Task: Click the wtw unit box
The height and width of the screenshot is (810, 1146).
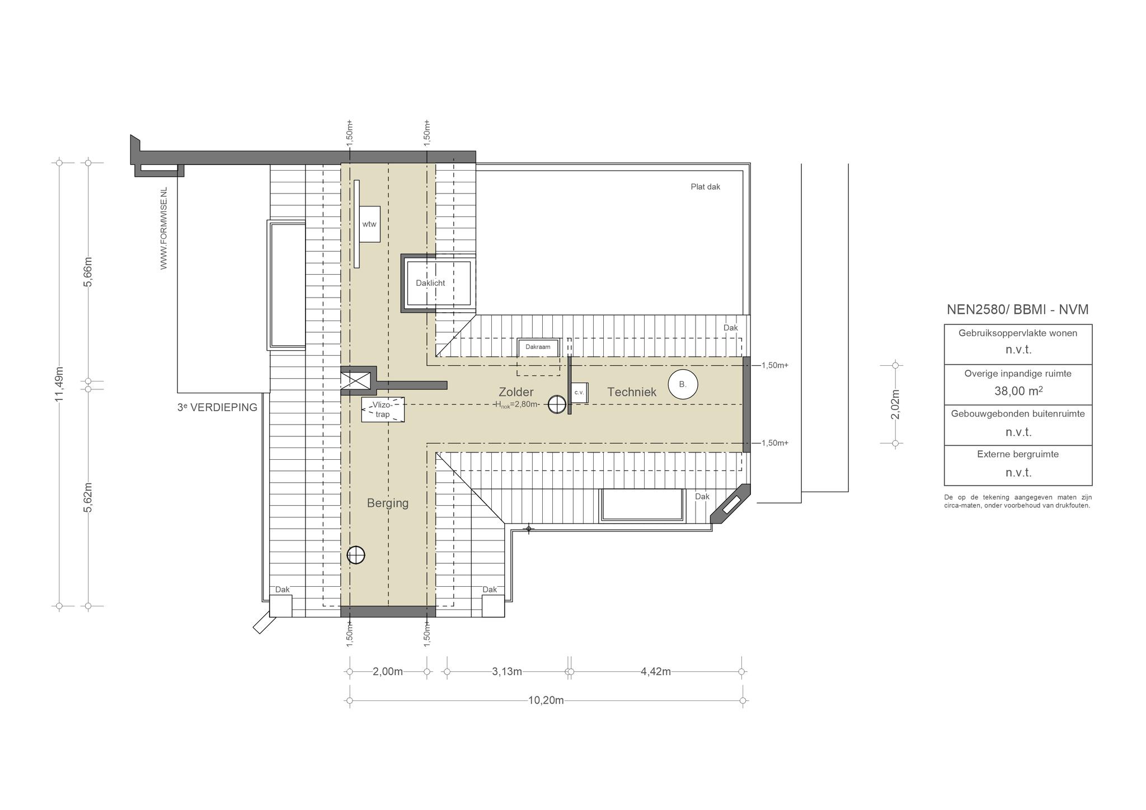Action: point(369,224)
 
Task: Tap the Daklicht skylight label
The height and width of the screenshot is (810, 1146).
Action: point(430,283)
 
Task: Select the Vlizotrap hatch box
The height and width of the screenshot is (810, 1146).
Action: point(383,409)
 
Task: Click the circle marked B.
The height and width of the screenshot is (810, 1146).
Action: point(683,384)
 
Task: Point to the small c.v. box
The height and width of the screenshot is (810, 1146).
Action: point(579,393)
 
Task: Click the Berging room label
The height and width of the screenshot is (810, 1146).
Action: point(388,503)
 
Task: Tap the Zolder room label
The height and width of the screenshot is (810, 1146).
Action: point(516,392)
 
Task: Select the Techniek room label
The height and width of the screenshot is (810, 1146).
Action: point(632,392)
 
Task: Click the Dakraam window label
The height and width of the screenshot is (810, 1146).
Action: point(538,347)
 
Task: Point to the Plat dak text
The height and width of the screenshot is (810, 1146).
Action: point(706,187)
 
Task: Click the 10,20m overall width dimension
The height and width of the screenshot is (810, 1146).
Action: point(546,700)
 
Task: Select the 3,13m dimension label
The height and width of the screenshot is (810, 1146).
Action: point(507,671)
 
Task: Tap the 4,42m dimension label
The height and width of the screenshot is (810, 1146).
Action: point(656,671)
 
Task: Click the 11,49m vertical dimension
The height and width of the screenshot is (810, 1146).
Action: point(59,384)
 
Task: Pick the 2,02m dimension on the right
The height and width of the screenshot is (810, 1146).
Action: point(895,404)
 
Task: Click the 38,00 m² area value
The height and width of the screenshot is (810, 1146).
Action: point(1018,391)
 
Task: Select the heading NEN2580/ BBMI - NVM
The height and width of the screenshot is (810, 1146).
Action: point(1018,309)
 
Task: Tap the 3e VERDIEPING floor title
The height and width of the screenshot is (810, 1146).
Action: point(217,407)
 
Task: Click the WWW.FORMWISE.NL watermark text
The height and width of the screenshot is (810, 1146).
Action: point(164,228)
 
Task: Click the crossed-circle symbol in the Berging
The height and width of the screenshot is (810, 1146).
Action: point(356,555)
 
